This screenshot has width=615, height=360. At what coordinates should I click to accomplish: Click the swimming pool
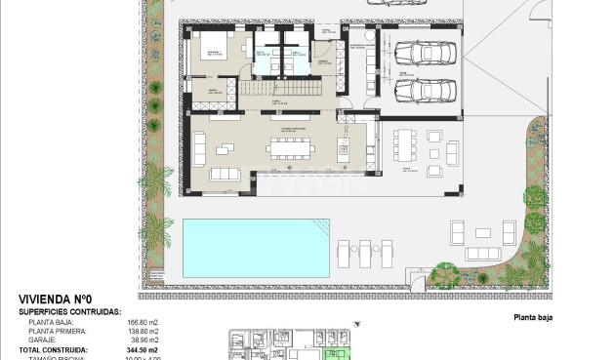pos(255,247)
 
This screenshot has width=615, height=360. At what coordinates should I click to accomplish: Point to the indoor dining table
pos(288,148)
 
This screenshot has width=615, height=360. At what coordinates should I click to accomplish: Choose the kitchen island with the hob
pos(343,149)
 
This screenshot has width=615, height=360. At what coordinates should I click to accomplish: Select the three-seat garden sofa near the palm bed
pos(457,234)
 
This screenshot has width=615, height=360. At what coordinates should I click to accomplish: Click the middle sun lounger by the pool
pos(364,252)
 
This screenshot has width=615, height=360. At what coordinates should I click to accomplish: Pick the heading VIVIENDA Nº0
pos(56,300)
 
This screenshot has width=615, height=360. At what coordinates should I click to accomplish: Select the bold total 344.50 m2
pos(143,349)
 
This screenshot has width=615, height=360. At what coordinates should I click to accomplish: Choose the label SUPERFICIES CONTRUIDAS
pos(69,312)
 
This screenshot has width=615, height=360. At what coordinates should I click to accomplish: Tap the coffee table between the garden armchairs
pos(483,232)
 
